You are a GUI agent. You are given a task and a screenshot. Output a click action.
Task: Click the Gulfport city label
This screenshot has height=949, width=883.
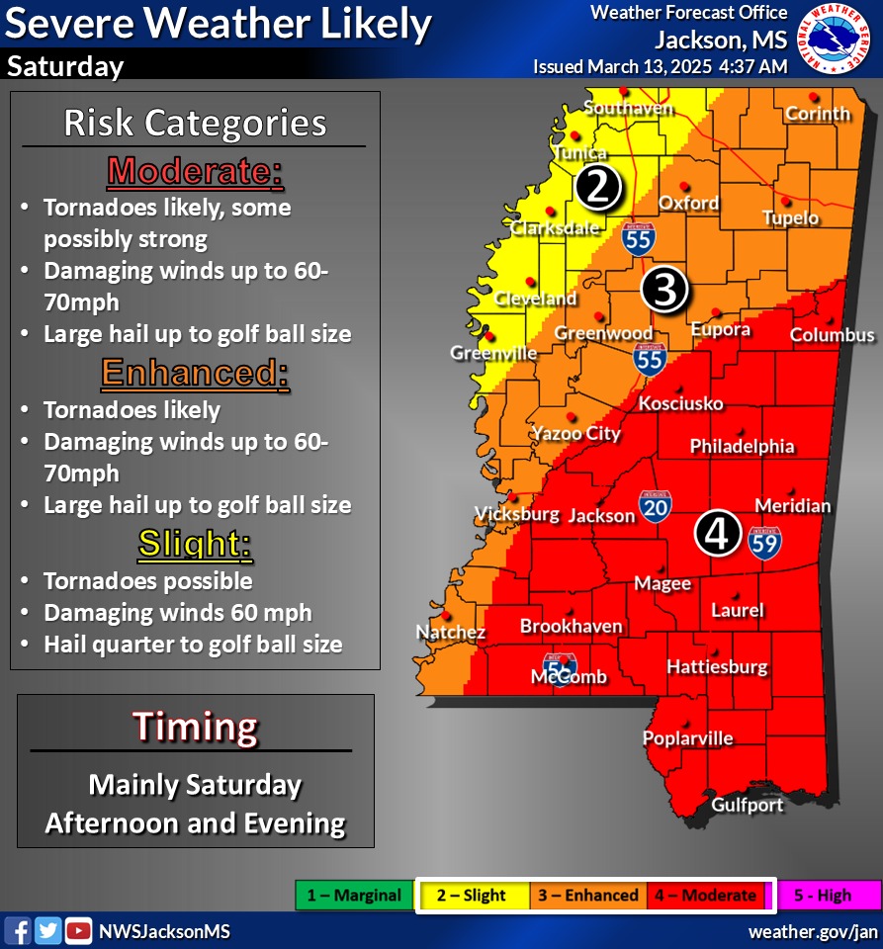tap(748, 805)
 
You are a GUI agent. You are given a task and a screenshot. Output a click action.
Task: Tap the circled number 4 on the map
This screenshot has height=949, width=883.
tap(717, 533)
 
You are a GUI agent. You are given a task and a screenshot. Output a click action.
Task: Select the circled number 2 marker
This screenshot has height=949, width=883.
tap(597, 187)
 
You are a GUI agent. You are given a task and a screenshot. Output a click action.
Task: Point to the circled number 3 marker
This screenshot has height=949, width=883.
tap(663, 291)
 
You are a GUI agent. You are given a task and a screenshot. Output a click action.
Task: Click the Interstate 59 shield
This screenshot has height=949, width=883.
tap(764, 541)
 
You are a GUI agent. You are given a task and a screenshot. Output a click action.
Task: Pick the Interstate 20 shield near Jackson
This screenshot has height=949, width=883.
tap(656, 506)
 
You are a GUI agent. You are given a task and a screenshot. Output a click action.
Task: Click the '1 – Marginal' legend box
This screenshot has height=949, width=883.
tap(354, 896)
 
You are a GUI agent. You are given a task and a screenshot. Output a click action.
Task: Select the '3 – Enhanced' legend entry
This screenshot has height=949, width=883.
tap(587, 896)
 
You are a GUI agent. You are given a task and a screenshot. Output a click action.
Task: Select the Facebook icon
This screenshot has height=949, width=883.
tap(18, 931)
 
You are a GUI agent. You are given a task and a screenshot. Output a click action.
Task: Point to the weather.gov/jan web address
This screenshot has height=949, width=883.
tap(813, 931)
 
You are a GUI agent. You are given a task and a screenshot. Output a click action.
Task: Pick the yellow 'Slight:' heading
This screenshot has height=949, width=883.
tap(195, 543)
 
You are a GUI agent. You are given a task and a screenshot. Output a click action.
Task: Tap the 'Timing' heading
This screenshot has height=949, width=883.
tap(195, 727)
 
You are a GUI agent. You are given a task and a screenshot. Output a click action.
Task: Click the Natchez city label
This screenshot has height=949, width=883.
tap(450, 632)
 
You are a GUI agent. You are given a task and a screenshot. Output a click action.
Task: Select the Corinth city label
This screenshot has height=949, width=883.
tap(818, 114)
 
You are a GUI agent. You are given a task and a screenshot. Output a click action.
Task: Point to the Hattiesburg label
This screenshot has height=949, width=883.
tap(717, 667)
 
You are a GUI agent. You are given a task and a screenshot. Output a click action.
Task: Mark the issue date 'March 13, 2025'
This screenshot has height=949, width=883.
tap(651, 67)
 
